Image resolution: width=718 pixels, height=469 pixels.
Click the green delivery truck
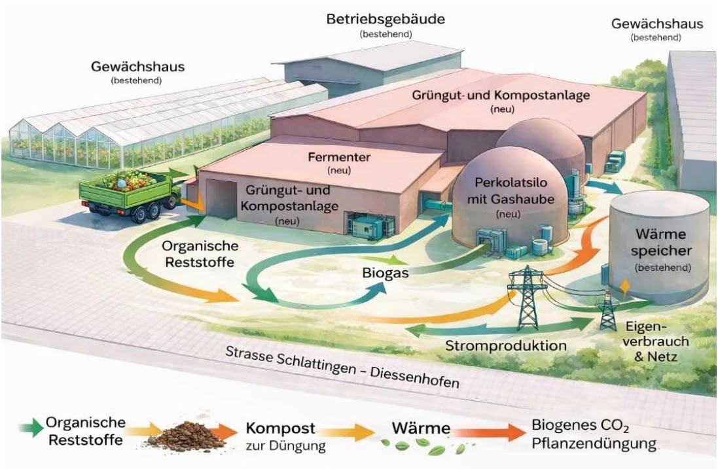130,192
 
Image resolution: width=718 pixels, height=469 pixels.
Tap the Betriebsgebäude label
386,19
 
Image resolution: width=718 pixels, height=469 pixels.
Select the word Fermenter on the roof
339,157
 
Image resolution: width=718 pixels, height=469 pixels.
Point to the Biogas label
386,272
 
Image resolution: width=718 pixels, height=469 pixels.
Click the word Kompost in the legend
281,429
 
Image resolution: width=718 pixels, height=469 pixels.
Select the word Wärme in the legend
421,429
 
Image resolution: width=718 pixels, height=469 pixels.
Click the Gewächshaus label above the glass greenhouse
137,67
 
